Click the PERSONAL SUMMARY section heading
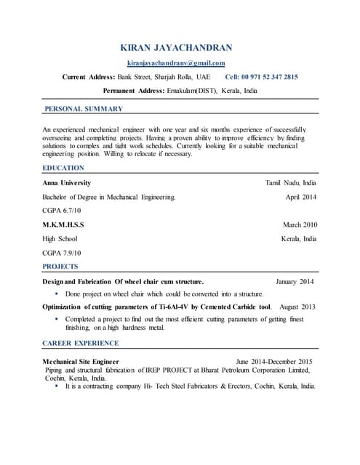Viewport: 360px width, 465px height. click(84, 109)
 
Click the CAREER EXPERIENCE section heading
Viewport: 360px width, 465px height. click(82, 343)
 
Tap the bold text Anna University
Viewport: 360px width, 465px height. click(66, 183)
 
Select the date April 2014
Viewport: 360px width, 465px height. click(301, 197)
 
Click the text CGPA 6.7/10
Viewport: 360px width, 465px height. click(61, 211)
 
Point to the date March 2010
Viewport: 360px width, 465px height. click(300, 225)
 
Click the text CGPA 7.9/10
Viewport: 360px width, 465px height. click(61, 252)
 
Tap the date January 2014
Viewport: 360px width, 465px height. click(295, 281)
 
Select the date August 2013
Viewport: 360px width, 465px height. click(298, 307)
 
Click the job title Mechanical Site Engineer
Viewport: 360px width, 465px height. click(81, 361)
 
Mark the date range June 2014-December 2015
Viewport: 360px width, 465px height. click(274, 361)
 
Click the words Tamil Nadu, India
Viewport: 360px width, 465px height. click(292, 183)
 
